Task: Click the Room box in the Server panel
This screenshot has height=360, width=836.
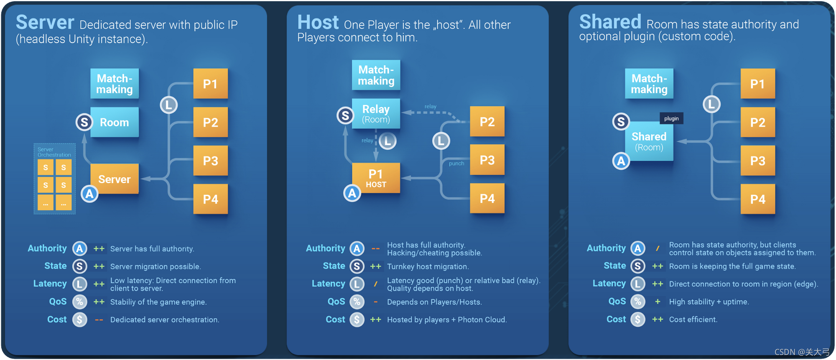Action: point(115,122)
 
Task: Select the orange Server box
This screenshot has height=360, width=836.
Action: point(115,179)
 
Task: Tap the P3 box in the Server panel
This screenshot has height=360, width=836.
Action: point(211,161)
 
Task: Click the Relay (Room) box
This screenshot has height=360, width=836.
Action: point(376,114)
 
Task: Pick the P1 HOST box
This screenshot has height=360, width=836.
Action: point(376,178)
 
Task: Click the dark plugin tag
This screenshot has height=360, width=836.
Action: point(671,118)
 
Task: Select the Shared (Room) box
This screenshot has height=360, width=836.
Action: point(649,141)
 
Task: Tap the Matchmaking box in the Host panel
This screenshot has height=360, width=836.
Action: point(376,75)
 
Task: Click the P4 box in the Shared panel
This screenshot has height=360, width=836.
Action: point(758,199)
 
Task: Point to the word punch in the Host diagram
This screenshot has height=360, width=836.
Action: point(456,163)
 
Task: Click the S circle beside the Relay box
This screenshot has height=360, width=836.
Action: point(345,115)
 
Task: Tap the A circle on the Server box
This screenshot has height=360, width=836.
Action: point(89,194)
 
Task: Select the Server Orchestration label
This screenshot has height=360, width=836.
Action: point(54,152)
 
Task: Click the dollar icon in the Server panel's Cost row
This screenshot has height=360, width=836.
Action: point(79,319)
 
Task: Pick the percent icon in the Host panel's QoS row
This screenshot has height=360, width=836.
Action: point(357,301)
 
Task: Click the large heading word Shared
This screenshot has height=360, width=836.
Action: point(610,22)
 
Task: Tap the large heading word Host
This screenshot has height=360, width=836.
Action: point(318,22)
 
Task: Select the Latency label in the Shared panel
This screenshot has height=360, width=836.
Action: point(609,283)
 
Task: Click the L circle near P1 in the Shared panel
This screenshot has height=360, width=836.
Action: point(711,104)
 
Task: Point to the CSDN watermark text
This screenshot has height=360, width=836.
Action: point(802,352)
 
